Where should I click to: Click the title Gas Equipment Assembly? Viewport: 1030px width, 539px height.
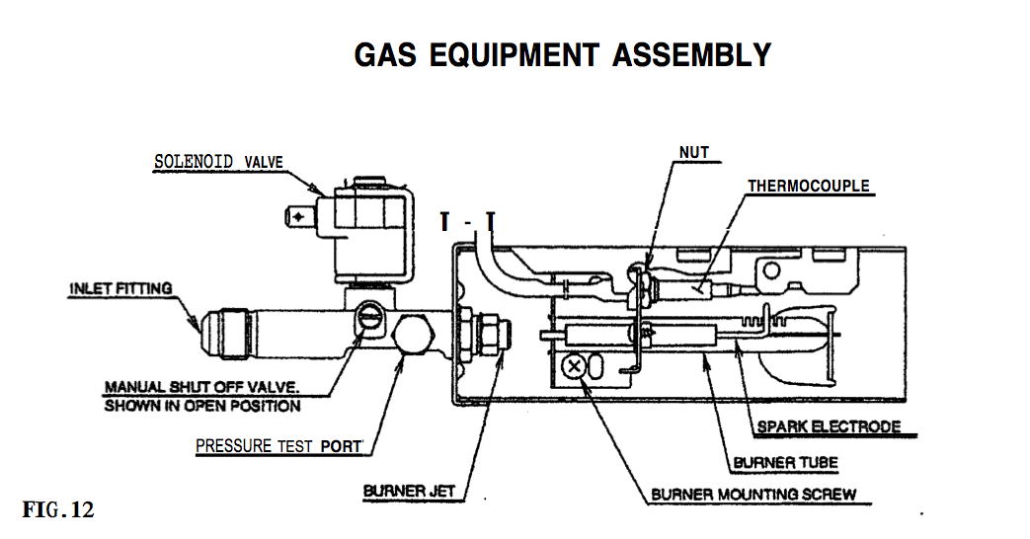point(562,54)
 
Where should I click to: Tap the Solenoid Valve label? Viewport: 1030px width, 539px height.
point(219,162)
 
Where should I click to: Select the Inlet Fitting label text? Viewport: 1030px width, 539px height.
point(119,289)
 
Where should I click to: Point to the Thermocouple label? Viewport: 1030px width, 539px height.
point(808,186)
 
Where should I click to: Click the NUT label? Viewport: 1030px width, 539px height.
point(693,152)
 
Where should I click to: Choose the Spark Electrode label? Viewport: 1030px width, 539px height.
point(829,427)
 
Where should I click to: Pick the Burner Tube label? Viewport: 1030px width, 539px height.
point(785,462)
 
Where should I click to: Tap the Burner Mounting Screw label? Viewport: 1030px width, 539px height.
point(753,494)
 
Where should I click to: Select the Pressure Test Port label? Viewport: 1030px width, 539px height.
point(278,446)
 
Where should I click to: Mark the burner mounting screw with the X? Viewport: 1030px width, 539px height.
point(573,368)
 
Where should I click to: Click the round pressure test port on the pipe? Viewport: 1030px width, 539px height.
point(414,337)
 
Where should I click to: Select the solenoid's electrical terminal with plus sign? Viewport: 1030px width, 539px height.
point(297,215)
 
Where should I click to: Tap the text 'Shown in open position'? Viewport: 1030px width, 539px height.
point(202,406)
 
